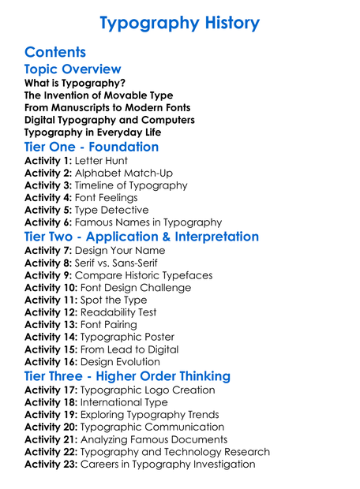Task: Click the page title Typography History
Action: click(x=180, y=23)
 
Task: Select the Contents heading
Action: click(x=55, y=53)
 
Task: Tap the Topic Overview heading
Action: click(x=73, y=70)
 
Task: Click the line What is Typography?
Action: click(x=75, y=83)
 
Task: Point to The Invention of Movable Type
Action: click(x=96, y=95)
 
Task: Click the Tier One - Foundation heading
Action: click(x=92, y=147)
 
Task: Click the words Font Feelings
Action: click(x=106, y=197)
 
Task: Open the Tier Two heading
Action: click(x=141, y=237)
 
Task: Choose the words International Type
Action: click(x=122, y=402)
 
